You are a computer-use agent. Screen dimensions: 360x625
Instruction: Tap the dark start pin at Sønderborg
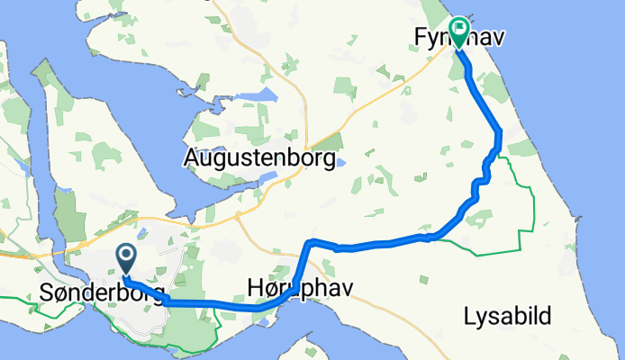point(125,260)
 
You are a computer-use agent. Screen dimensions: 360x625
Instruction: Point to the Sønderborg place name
point(102,293)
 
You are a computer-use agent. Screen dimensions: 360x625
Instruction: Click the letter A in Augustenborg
point(191,160)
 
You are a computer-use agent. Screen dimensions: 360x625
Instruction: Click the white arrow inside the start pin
point(125,257)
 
